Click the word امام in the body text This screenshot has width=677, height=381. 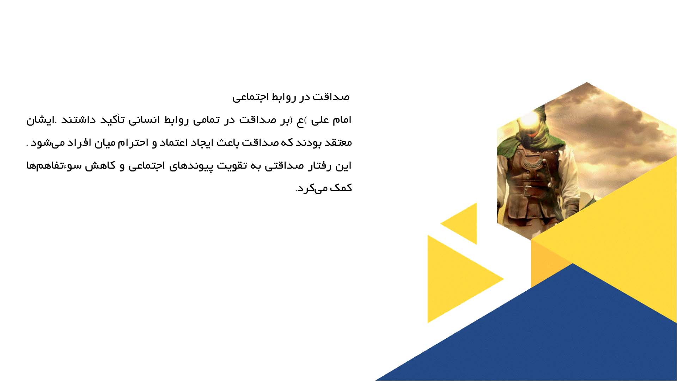(342, 120)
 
